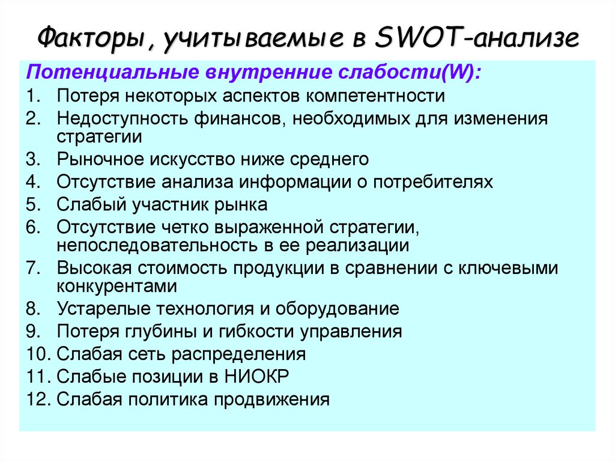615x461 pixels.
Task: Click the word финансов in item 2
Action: click(x=238, y=118)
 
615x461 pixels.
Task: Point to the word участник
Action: click(x=175, y=204)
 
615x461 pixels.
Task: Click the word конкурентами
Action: click(x=117, y=286)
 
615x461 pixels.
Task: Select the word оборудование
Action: click(x=338, y=309)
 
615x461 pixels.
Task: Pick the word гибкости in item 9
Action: click(x=259, y=331)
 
